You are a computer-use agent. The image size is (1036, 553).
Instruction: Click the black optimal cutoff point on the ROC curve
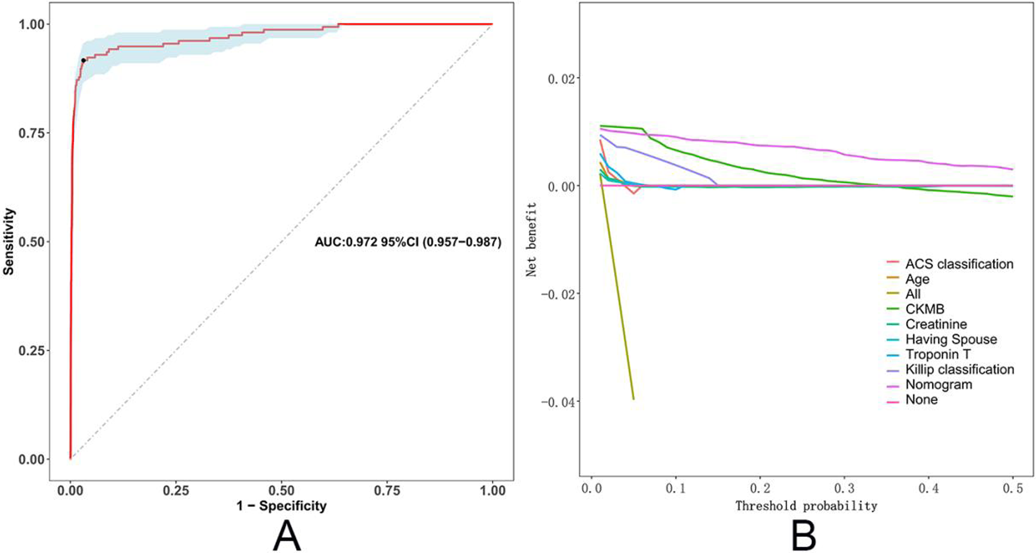(83, 61)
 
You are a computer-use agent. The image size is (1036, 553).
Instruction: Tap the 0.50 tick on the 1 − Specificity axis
(281, 490)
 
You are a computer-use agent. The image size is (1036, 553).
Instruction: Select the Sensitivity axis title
(9, 241)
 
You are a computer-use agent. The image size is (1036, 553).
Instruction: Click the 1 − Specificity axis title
(281, 506)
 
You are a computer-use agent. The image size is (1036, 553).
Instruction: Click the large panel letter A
(287, 536)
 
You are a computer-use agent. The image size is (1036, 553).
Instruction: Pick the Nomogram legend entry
(938, 385)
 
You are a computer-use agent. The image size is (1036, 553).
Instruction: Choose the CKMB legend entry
(924, 310)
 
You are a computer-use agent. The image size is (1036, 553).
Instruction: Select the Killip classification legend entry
(959, 370)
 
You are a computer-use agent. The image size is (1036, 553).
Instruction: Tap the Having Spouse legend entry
(950, 340)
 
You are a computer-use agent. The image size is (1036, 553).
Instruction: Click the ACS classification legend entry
(959, 264)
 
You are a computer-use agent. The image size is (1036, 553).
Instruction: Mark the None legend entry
(921, 400)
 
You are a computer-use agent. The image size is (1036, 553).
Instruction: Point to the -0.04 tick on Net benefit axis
(558, 402)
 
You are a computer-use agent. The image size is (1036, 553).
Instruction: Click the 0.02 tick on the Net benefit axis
(562, 79)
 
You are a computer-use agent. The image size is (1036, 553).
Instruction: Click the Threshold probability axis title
(806, 506)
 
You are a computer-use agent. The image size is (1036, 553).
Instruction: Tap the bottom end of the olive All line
(633, 399)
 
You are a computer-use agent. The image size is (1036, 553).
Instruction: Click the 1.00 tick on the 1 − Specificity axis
(492, 490)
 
